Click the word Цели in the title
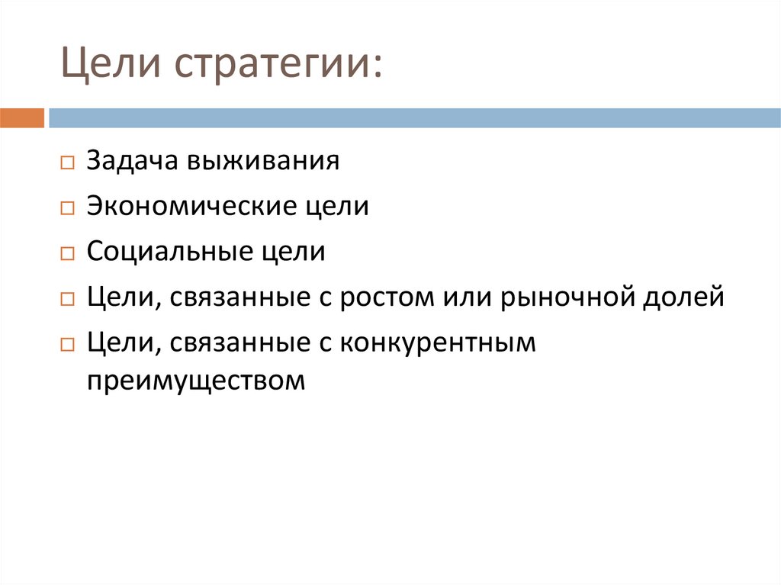tap(104, 64)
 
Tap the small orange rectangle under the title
tap(22, 118)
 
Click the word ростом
tap(384, 297)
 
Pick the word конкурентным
tap(438, 342)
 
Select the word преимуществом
tap(195, 379)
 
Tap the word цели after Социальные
tap(298, 252)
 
